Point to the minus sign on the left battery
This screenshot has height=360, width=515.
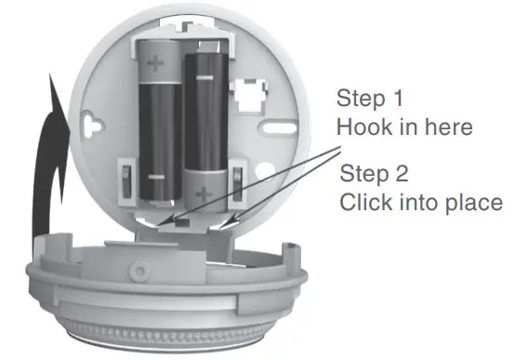click(154, 176)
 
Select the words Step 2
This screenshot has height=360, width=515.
click(377, 173)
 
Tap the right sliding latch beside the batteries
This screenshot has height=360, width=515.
click(238, 181)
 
